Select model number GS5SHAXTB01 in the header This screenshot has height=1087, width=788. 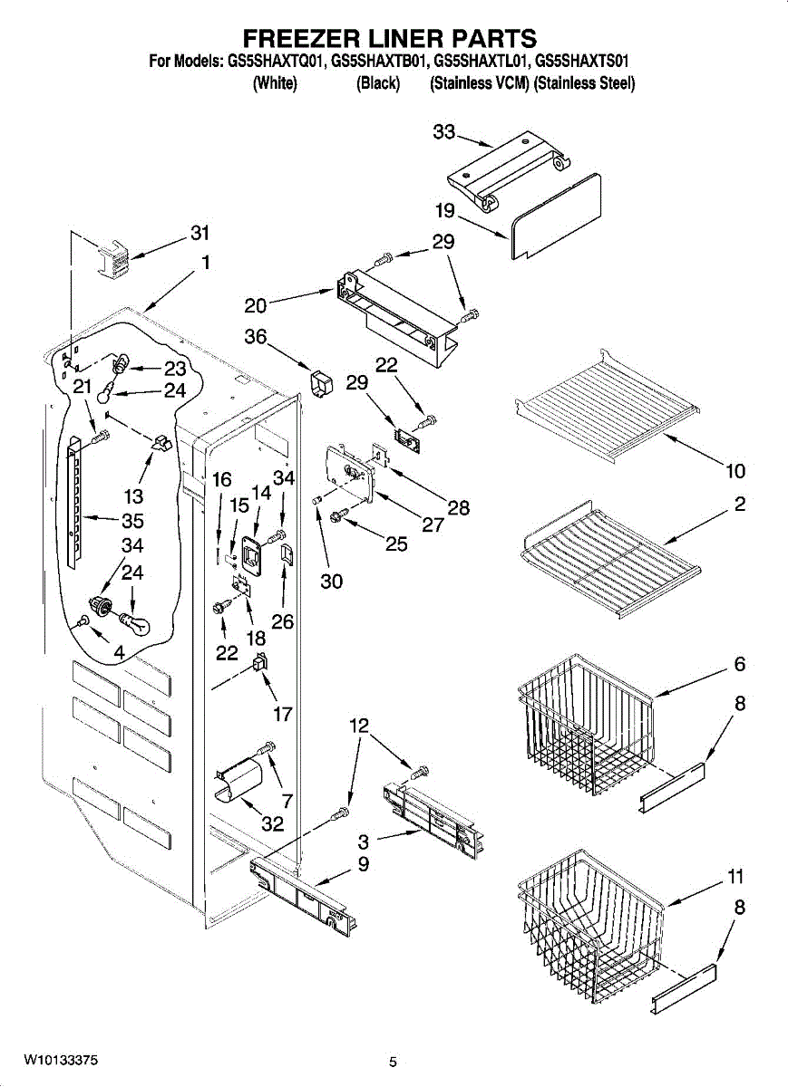379,63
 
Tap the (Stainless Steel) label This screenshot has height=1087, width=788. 585,84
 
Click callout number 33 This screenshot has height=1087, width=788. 444,131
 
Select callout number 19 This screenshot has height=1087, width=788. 445,210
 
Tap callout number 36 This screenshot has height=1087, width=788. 256,336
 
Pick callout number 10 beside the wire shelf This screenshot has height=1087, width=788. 735,470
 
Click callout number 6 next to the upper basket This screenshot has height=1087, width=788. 739,663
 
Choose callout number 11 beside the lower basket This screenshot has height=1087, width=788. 735,877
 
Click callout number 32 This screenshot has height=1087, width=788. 272,823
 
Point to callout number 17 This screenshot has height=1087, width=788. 283,714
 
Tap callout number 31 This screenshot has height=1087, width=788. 199,233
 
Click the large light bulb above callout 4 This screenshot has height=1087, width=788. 134,624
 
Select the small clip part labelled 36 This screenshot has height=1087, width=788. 321,384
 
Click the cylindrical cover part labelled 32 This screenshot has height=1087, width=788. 238,782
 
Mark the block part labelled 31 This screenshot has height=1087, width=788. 114,260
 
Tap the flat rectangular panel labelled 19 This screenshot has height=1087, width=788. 555,216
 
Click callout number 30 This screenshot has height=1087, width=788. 331,581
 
